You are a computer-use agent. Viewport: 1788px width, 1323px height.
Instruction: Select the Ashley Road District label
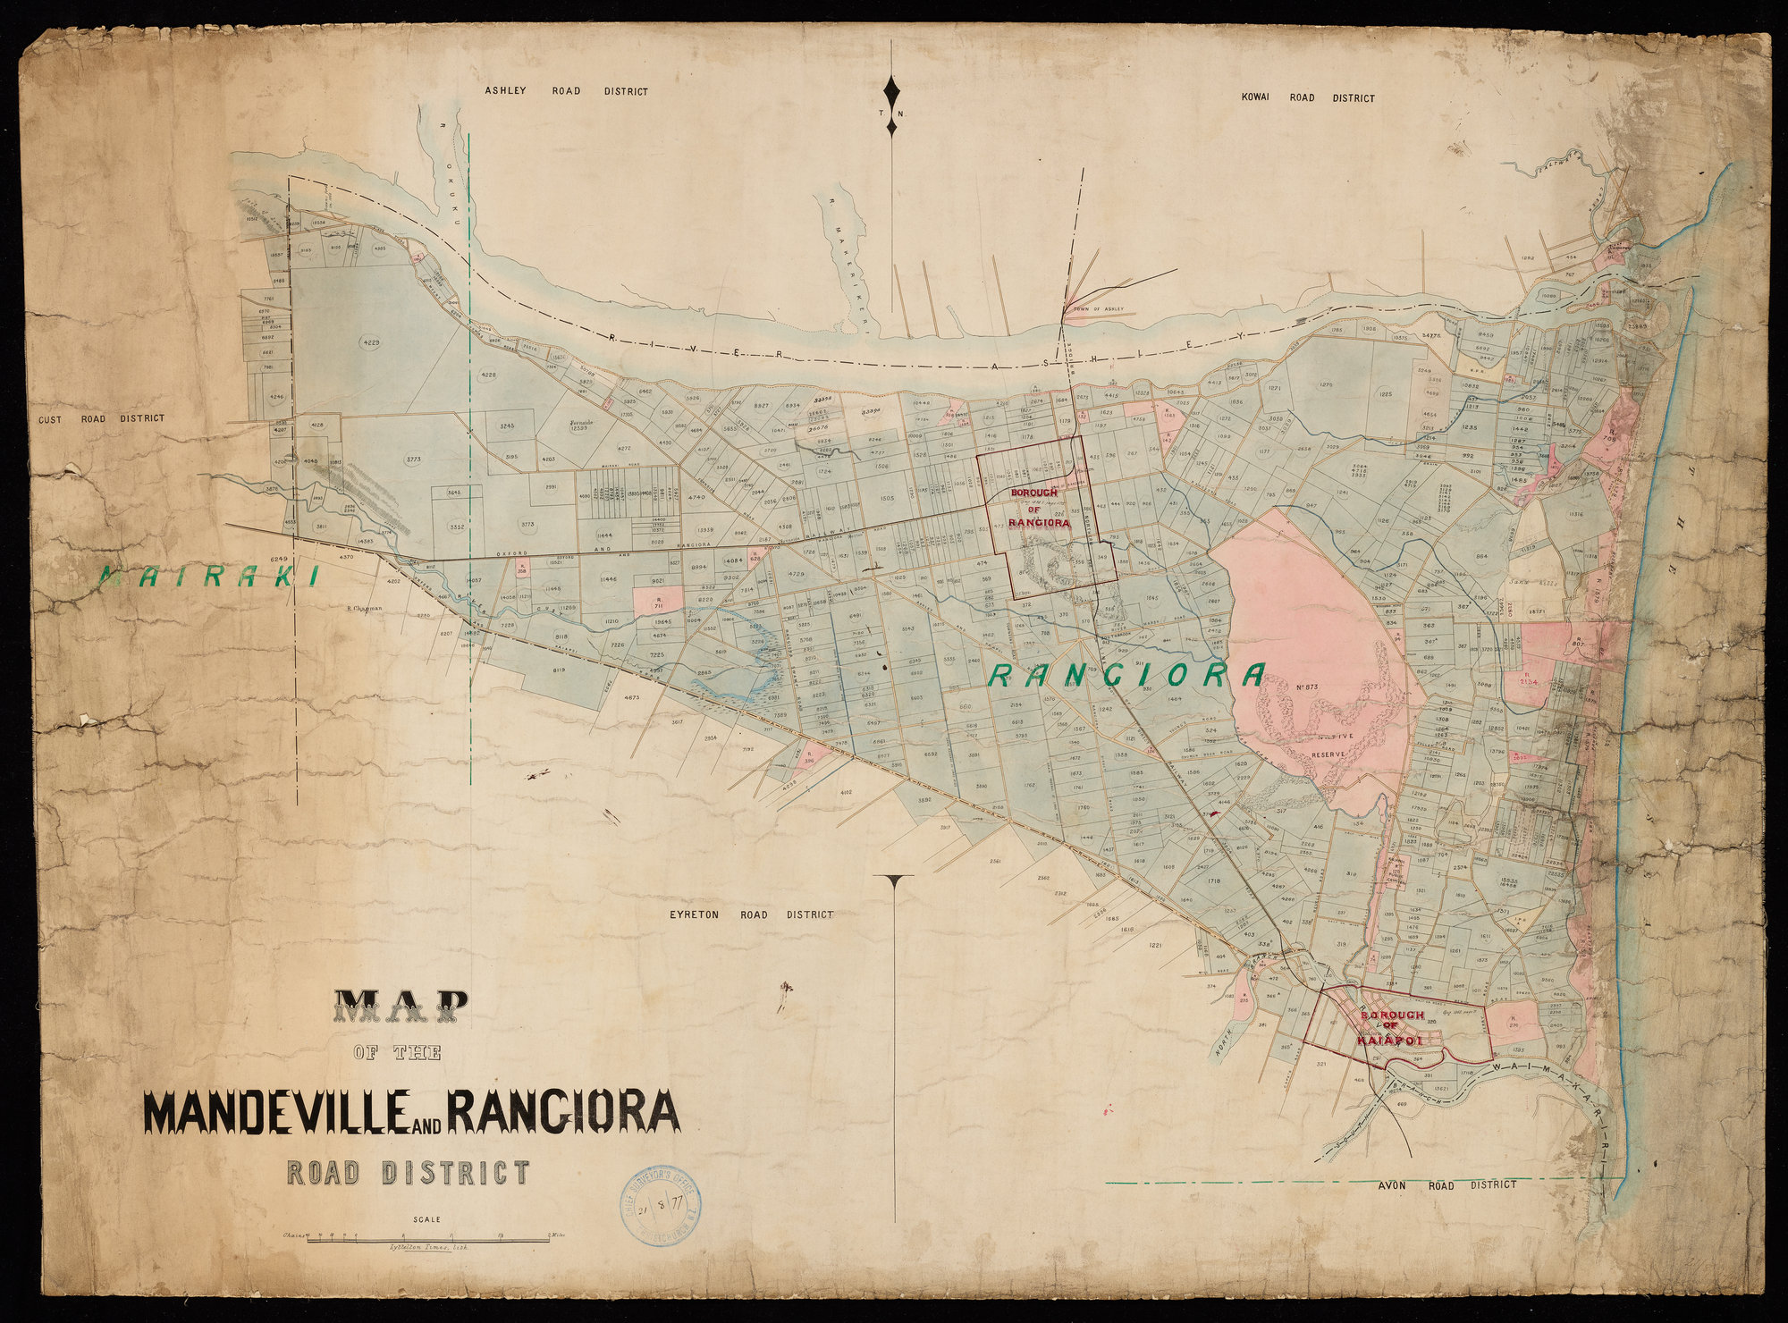pos(565,91)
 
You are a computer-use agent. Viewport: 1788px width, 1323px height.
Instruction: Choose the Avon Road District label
pos(1444,1184)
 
